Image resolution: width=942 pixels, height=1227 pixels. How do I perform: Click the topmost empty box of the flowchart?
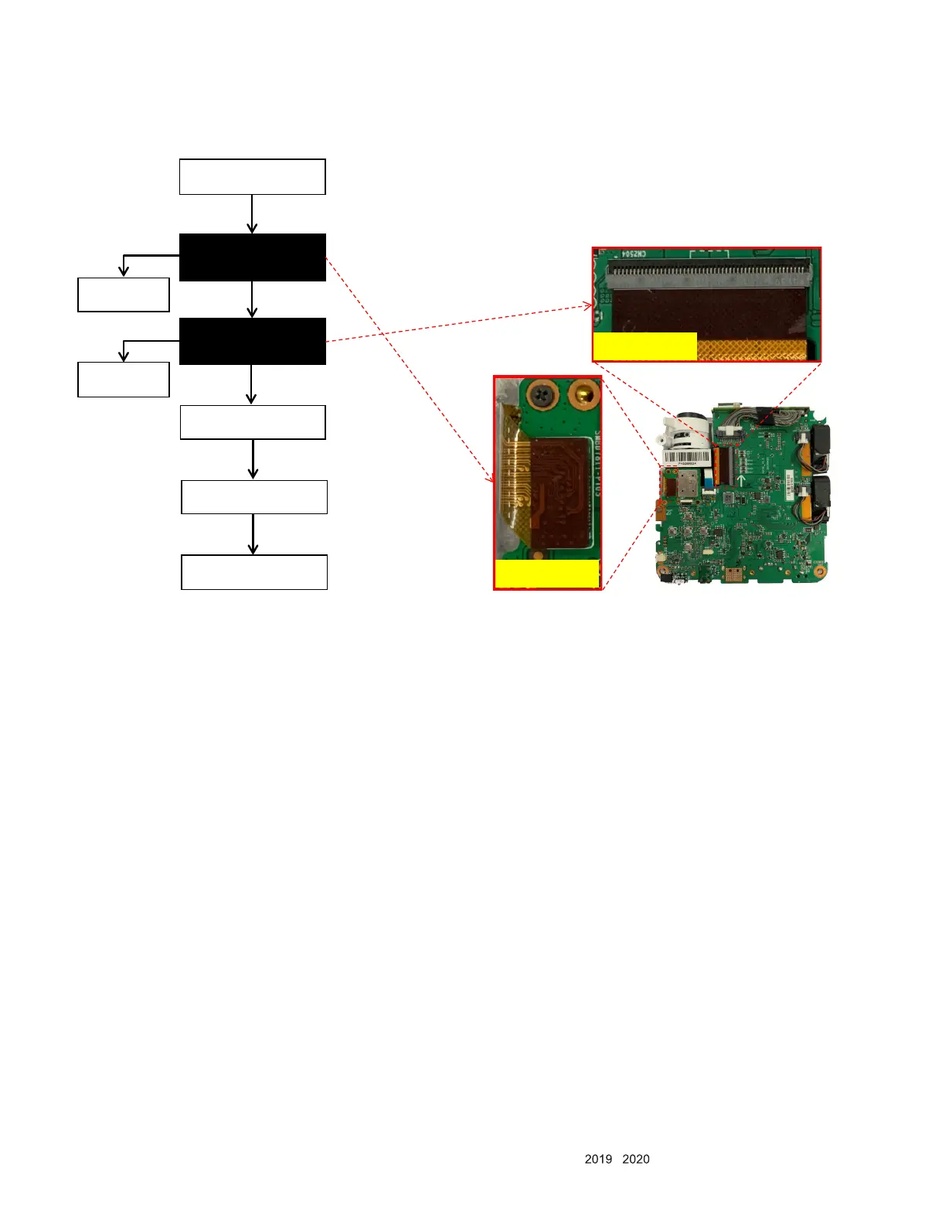(252, 177)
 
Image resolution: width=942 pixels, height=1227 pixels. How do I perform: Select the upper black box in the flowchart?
(252, 257)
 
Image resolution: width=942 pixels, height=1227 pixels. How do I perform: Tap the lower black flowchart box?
(252, 341)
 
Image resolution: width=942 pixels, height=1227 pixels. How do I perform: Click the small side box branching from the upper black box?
(124, 295)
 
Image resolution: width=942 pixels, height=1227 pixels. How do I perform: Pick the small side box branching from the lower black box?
(124, 380)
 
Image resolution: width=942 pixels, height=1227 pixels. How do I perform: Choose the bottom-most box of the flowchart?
(254, 572)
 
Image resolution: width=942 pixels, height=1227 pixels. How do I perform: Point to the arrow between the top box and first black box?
(252, 214)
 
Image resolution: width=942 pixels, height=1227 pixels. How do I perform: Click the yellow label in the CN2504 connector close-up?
(644, 346)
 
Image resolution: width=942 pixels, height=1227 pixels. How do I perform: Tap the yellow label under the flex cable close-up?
(546, 574)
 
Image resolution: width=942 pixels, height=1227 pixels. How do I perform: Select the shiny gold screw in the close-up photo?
(583, 396)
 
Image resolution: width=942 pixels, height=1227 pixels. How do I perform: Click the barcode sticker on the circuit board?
(684, 458)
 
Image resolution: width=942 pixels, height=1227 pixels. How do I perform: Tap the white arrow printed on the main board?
(741, 480)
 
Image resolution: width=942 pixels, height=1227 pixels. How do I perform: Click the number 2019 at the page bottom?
(598, 1159)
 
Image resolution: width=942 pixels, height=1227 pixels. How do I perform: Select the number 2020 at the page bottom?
(635, 1159)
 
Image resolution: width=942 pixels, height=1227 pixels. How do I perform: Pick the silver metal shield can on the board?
(685, 486)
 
